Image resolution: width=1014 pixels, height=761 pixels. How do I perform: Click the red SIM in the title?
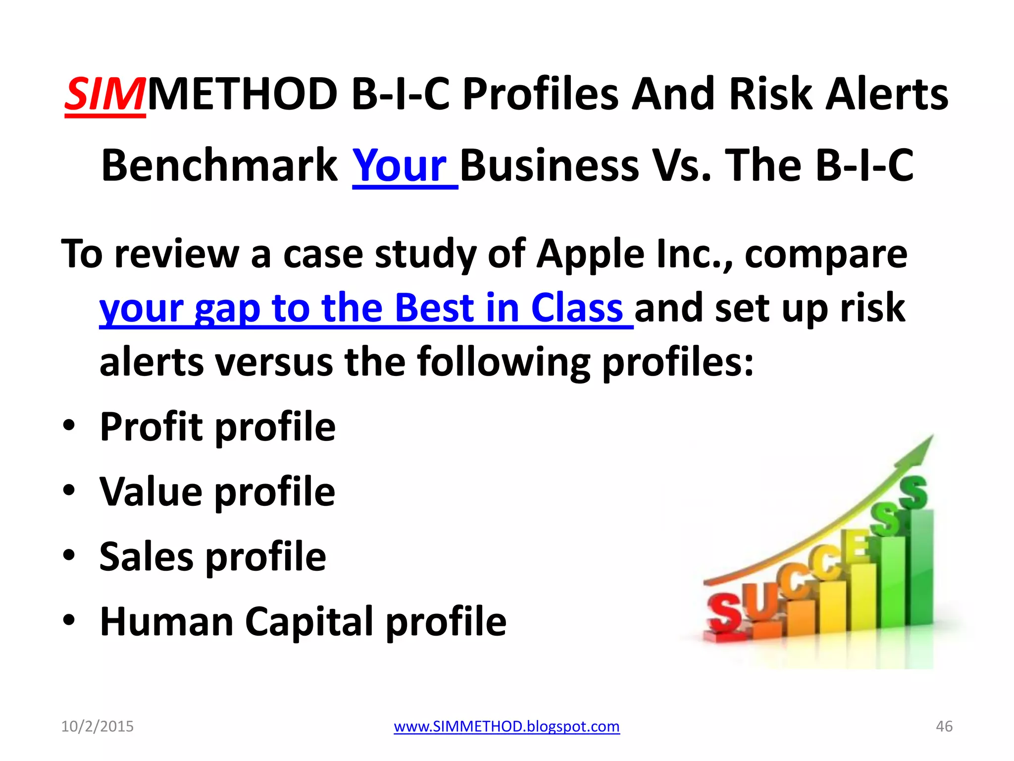click(105, 94)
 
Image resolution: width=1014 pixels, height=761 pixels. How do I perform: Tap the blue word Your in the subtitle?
click(400, 165)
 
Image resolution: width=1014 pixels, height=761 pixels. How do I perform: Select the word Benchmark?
click(219, 165)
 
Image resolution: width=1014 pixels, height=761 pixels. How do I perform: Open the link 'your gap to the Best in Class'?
click(361, 308)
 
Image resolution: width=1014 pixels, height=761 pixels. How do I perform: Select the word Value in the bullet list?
click(151, 491)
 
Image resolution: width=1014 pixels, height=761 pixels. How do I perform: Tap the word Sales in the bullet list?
click(146, 556)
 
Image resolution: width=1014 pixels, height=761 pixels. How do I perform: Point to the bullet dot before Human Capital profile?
click(69, 620)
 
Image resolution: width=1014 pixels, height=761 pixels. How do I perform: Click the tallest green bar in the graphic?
click(921, 570)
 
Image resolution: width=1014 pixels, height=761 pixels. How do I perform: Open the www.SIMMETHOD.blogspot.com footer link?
click(507, 726)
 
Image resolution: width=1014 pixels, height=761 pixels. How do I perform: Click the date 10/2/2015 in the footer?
click(97, 726)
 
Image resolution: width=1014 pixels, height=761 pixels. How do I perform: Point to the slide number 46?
click(944, 726)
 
